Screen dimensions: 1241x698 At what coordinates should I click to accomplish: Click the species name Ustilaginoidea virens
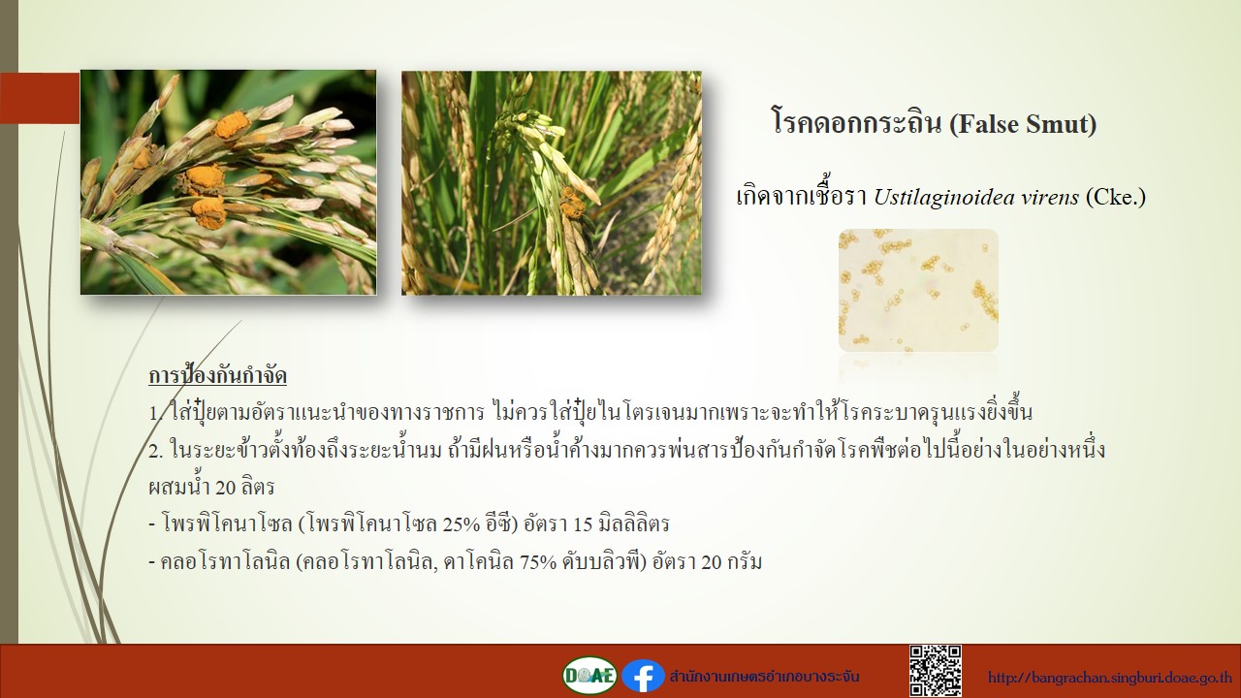tap(976, 197)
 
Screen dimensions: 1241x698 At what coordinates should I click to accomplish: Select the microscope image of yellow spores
tap(918, 290)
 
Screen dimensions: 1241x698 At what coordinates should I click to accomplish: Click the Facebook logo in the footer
tap(643, 677)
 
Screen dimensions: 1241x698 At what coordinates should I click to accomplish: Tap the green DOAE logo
tap(590, 676)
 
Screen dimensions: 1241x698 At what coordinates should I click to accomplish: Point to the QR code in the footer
tap(936, 671)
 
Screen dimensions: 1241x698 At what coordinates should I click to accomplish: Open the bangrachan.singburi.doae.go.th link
tap(1110, 678)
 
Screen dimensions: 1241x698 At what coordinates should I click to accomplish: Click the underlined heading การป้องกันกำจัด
tap(218, 376)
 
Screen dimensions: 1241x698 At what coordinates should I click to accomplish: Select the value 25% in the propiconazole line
tap(461, 524)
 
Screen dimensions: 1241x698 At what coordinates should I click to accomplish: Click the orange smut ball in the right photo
tap(571, 203)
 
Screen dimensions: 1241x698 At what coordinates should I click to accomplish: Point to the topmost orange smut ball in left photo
tap(233, 125)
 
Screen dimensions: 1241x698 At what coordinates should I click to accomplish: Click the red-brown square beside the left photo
tap(40, 98)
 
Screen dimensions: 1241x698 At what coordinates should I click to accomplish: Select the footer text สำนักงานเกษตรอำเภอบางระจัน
tap(765, 677)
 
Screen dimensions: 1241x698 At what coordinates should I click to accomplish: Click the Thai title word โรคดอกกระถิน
tap(856, 123)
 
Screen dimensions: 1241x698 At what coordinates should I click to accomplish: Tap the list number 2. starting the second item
tap(156, 451)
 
